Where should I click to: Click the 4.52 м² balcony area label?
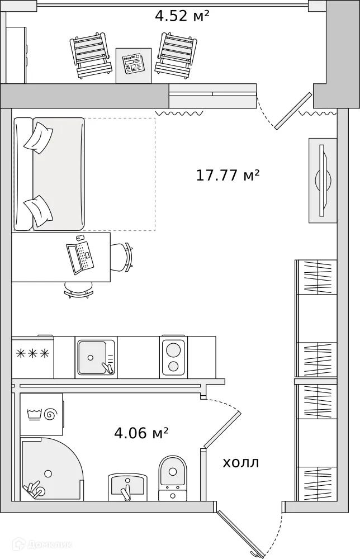point(182,16)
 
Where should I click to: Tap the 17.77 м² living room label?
point(228,175)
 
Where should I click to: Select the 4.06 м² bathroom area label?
point(141,433)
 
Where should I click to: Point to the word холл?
point(240,463)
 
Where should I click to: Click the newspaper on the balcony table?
point(132,64)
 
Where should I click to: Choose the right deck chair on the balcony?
point(176,55)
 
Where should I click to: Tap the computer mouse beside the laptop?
point(79,238)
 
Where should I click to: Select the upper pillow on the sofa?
point(38,138)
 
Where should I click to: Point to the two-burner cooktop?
point(174,357)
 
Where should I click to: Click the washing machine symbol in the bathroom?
point(41,414)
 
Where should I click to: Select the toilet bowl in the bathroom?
point(173,472)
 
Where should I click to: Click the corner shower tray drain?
point(48,473)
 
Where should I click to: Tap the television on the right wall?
point(323,181)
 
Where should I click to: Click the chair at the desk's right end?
point(122,257)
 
